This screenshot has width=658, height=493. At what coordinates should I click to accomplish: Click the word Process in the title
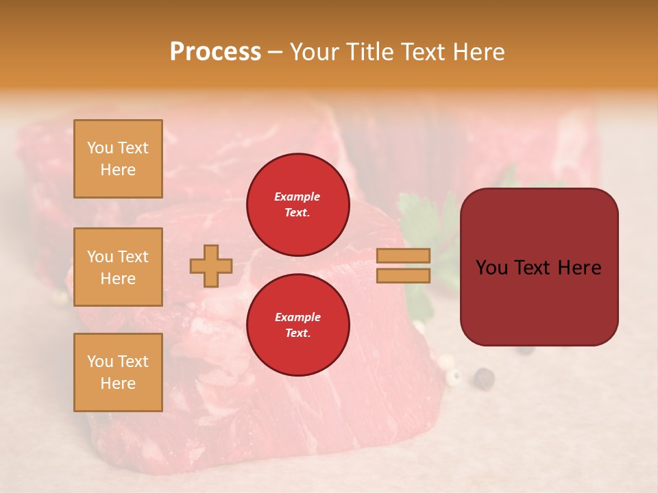point(215,52)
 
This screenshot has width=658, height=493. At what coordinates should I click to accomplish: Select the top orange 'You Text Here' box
point(118,159)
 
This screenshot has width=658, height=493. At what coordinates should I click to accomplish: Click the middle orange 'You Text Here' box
point(118,267)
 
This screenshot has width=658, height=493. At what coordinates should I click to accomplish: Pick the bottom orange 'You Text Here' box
point(118,372)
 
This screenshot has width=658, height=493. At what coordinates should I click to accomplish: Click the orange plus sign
point(211,266)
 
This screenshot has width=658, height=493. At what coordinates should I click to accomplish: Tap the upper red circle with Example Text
point(297,205)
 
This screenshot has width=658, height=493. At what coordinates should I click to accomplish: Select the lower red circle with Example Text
point(297,325)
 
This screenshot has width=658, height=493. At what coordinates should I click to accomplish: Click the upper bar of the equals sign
point(404,255)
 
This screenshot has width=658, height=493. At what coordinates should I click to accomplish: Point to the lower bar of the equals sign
point(404,275)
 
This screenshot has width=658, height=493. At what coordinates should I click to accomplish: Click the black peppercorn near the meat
point(485,377)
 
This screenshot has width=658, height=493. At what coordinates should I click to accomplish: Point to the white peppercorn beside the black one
point(453,375)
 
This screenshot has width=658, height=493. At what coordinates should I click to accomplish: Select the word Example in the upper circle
point(297,197)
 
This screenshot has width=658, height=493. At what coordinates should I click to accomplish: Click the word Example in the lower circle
point(297,317)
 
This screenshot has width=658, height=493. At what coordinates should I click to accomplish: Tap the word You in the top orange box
point(100,148)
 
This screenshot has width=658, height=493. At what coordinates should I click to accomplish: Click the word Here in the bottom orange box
point(118,383)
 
